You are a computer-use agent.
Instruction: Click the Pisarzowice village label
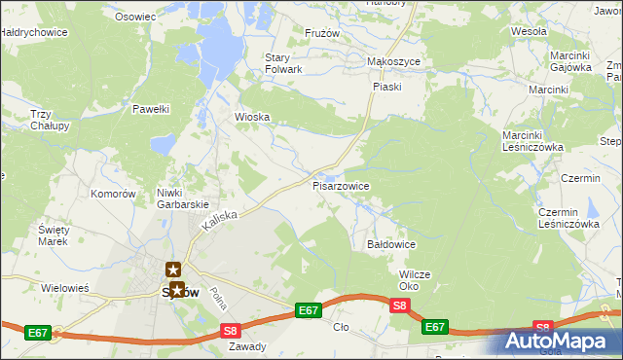tap(340, 185)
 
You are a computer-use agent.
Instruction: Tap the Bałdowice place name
tap(391, 244)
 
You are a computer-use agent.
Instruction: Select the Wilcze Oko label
tap(414, 280)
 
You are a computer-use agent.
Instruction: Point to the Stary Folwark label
tap(284, 63)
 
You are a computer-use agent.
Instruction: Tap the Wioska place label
tap(252, 117)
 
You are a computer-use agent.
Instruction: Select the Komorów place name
tap(112, 194)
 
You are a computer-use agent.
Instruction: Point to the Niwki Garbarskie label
tap(183, 198)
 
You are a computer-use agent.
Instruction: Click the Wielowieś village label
tap(65, 288)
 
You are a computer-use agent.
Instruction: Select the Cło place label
tap(340, 329)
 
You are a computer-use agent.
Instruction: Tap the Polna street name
tap(221, 299)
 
